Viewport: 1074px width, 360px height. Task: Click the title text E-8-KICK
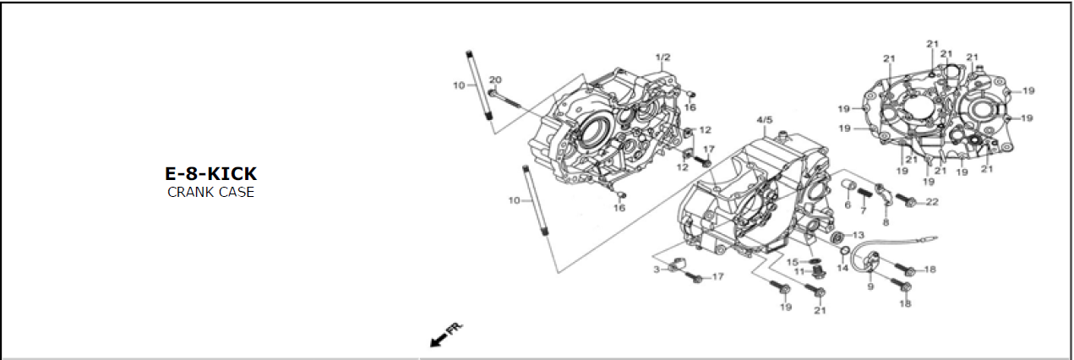pos(210,173)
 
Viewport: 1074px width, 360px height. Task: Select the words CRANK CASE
pos(210,192)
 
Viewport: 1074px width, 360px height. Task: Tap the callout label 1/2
pos(662,57)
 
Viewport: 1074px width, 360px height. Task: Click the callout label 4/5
pos(765,120)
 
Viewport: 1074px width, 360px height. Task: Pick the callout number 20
pos(495,79)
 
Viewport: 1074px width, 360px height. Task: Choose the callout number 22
pos(932,202)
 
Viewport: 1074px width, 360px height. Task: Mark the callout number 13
pos(858,235)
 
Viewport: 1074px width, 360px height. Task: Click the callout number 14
pos(843,268)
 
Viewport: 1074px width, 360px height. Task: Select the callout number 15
pos(793,262)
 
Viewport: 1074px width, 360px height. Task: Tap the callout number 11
pos(799,272)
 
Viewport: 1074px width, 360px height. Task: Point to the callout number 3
pos(657,270)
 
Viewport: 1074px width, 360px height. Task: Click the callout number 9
pos(870,286)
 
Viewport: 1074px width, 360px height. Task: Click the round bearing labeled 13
pos(838,237)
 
